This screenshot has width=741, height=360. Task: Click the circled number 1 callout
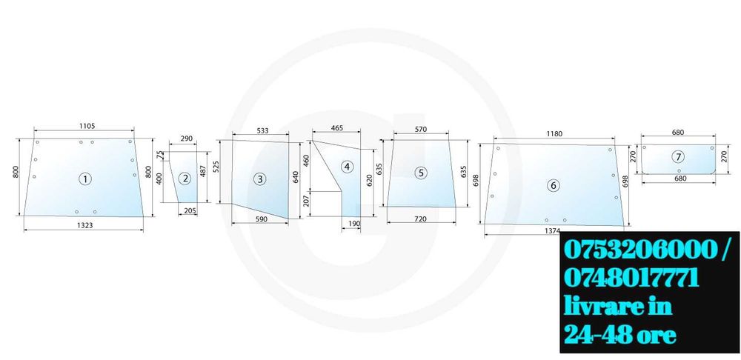pos(85,179)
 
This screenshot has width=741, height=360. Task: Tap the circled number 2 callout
pos(185,178)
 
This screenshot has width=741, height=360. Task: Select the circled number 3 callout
pos(260,179)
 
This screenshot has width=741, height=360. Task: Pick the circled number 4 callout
pos(348,167)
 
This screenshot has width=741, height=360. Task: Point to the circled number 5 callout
pos(421,173)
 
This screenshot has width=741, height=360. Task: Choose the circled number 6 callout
pos(554,185)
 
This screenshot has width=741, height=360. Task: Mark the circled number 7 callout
pos(678,157)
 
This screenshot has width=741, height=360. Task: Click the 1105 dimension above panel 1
pos(87,126)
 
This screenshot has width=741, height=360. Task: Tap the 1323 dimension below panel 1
pos(85,225)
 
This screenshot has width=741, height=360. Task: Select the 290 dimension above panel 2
pos(187,139)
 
